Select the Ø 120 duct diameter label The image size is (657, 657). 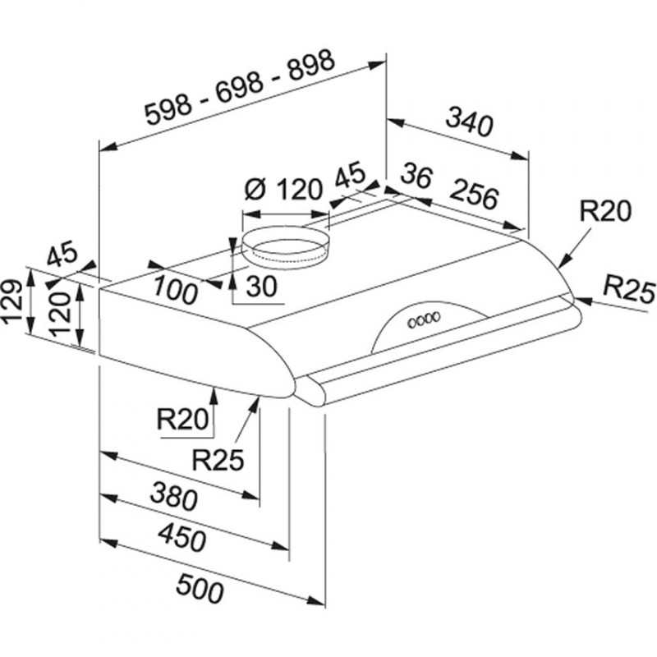[x=283, y=191]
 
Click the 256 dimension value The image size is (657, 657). [x=474, y=196]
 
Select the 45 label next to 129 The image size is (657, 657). [x=61, y=255]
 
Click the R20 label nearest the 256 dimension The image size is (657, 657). [x=604, y=211]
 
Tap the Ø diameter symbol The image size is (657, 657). [x=254, y=190]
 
